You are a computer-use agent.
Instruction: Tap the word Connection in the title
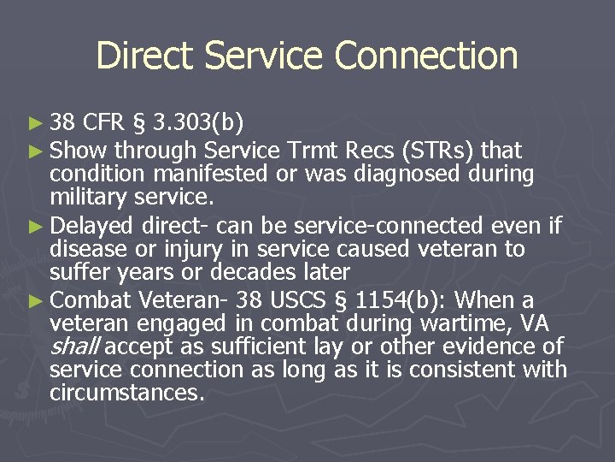[426, 56]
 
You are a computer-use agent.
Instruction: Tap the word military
[91, 198]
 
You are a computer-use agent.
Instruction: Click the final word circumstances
[126, 394]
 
